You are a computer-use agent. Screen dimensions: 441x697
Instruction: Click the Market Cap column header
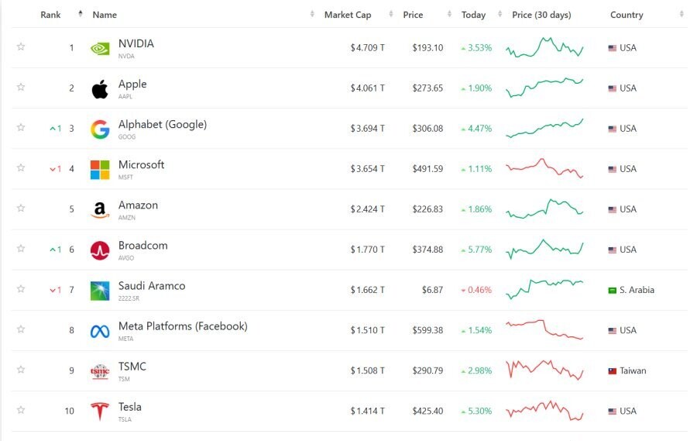point(348,15)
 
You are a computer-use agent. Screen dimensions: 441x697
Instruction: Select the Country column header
point(627,15)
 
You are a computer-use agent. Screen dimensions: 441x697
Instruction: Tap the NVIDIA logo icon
point(100,48)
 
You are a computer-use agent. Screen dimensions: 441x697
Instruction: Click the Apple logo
point(100,88)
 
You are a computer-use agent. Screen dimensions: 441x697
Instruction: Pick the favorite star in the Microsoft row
point(21,168)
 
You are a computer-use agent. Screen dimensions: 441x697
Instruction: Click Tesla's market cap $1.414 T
point(367,411)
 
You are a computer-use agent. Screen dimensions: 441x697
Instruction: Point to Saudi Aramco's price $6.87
point(433,290)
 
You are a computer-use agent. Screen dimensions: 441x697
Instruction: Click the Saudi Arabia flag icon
point(612,290)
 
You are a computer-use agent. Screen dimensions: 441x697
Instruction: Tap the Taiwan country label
point(633,370)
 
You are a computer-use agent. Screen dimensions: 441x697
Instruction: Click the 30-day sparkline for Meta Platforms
point(544,329)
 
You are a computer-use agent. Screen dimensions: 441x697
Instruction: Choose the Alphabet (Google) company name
point(163,125)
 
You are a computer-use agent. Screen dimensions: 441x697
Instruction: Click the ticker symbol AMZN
point(126,218)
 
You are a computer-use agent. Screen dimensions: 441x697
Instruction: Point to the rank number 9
point(71,370)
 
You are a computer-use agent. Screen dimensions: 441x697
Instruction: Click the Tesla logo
point(100,411)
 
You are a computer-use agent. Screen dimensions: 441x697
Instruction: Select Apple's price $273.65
point(427,88)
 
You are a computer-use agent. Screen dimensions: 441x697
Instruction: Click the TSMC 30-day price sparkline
point(544,370)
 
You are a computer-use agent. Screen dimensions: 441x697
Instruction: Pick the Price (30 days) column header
point(541,15)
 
